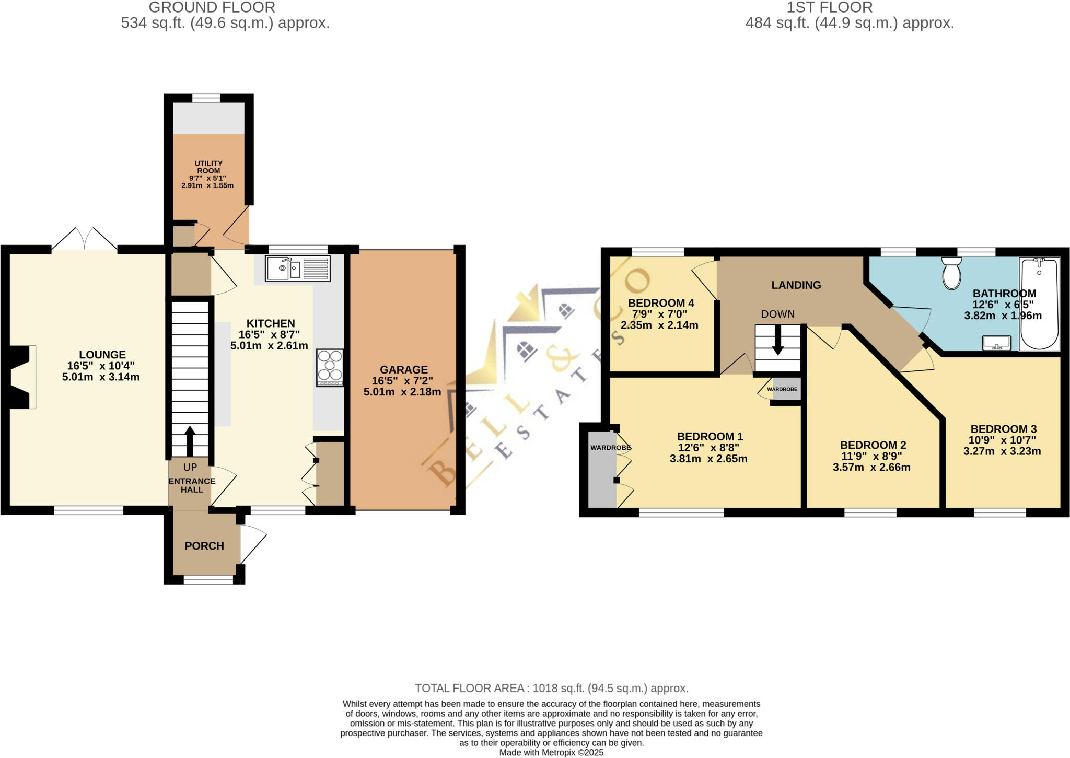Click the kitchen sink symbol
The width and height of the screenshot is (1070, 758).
tap(298, 269)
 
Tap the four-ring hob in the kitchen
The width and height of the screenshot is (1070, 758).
tap(330, 367)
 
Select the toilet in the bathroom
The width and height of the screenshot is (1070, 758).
tap(951, 273)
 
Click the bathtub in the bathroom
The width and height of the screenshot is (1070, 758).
tap(1039, 304)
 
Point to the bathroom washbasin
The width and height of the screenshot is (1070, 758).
tap(996, 343)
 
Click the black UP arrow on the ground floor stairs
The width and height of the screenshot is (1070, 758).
tap(190, 440)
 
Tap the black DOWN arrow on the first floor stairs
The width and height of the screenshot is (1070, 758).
tap(778, 340)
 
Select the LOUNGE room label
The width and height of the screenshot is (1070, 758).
tap(102, 355)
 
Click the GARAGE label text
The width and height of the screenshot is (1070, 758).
tap(403, 369)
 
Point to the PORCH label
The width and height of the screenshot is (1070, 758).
tap(204, 546)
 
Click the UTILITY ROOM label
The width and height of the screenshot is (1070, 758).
tap(208, 167)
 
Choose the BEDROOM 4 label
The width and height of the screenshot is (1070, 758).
tap(660, 303)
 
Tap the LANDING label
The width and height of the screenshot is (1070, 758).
tap(796, 285)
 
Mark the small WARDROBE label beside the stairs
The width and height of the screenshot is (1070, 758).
tap(782, 389)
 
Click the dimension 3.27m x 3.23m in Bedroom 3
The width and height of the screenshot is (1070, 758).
tap(1002, 451)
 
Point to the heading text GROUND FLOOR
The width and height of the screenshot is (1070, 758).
tap(212, 7)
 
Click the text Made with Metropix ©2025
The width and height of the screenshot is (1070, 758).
tap(551, 753)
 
